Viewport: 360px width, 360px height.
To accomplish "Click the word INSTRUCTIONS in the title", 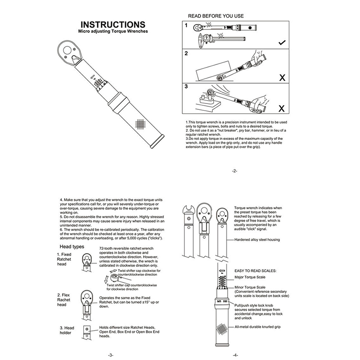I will [112, 24].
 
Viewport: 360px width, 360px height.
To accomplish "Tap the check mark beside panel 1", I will [282, 43].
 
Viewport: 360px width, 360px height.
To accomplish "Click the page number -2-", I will [234, 171].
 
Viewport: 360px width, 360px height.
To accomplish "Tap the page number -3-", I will [111, 355].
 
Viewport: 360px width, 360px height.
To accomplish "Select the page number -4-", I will [234, 355].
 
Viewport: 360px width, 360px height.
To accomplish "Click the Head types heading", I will [72, 247].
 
